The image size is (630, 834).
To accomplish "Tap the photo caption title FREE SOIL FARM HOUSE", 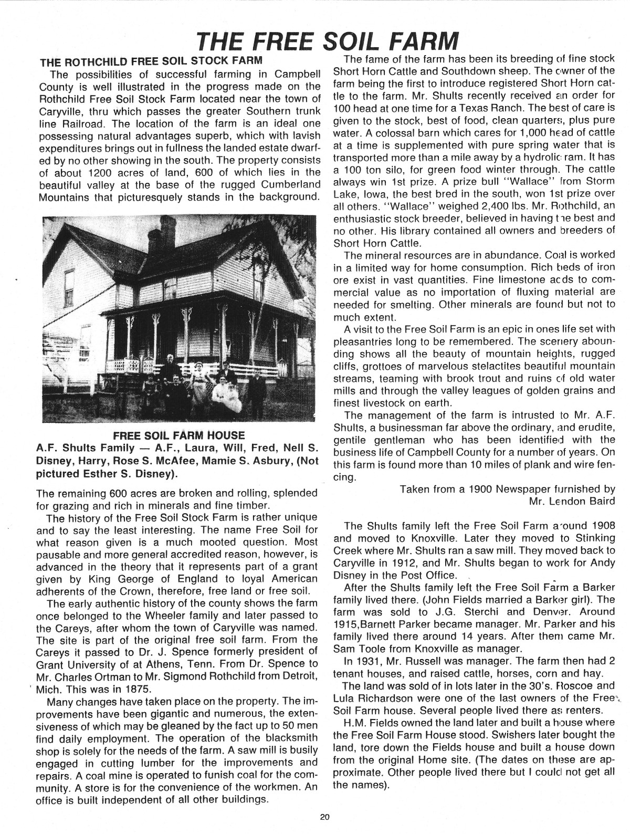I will tap(178, 435).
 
